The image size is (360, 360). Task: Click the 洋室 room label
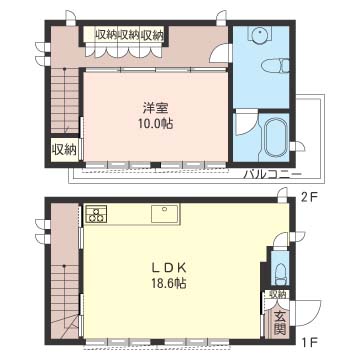(x=155, y=108)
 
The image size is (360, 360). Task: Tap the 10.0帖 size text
(x=155, y=124)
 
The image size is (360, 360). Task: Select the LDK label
(x=168, y=267)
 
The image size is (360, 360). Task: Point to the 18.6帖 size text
(x=169, y=283)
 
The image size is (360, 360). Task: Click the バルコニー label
(x=272, y=174)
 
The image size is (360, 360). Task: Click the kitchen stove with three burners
(x=96, y=213)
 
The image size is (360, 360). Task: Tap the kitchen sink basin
(x=165, y=214)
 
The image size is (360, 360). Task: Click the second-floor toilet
(x=275, y=66)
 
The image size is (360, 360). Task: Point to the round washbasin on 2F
(x=260, y=34)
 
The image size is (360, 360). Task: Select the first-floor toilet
(x=281, y=273)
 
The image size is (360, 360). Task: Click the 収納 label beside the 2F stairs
(x=64, y=151)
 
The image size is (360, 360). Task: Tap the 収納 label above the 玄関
(x=277, y=294)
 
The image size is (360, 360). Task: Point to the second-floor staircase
(x=64, y=100)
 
